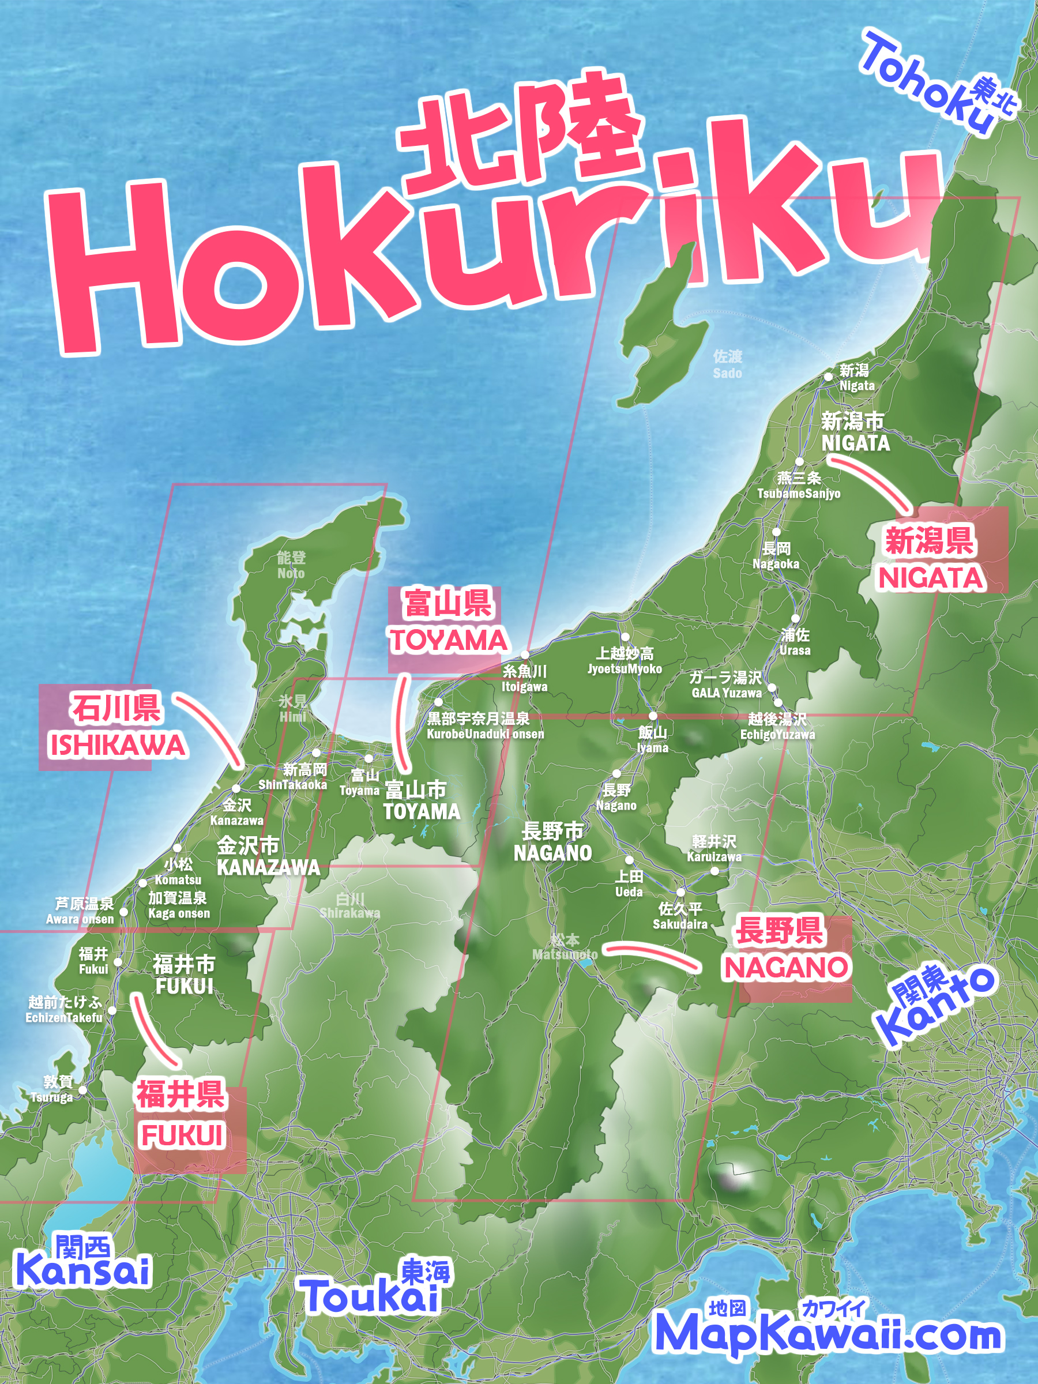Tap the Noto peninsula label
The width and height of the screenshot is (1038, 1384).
tap(291, 565)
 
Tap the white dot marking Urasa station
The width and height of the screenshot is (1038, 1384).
tap(795, 619)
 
